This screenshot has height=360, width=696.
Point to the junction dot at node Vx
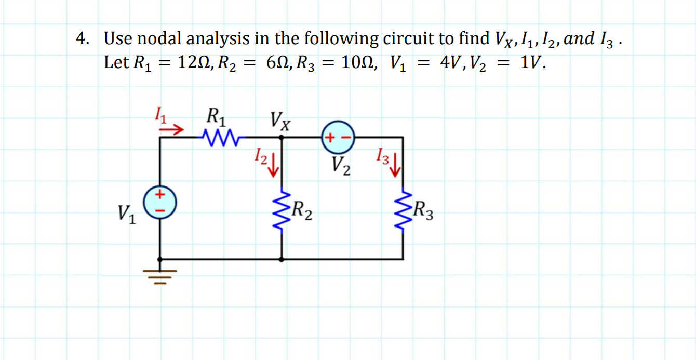[282, 138]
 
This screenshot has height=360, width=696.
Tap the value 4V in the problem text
[451, 63]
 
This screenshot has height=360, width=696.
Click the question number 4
[81, 39]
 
